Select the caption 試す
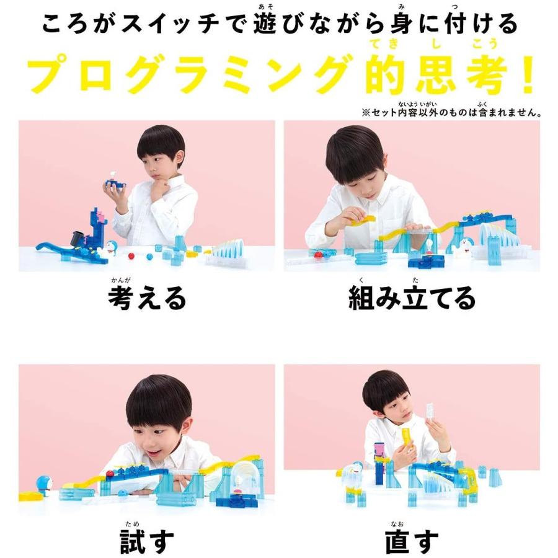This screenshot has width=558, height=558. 147,541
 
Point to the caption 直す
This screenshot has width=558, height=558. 412,542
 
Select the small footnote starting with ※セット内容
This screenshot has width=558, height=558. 452,113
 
